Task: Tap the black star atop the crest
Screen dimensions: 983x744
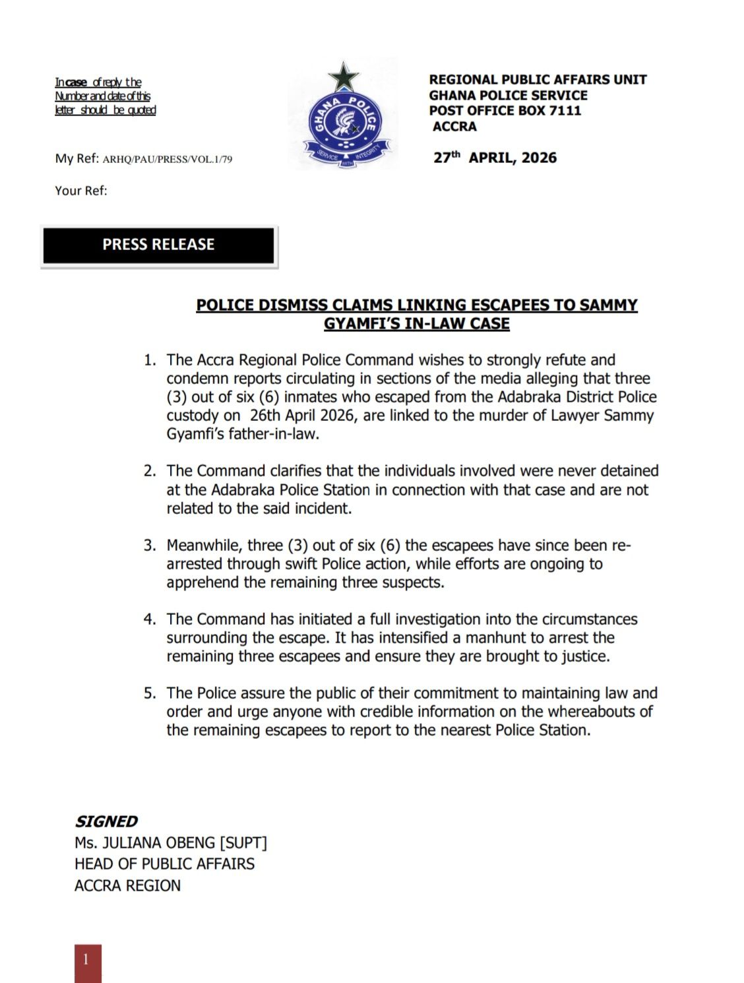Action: click(x=344, y=77)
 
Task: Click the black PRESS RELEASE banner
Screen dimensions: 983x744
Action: click(x=158, y=245)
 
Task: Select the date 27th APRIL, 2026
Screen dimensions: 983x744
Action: click(x=495, y=158)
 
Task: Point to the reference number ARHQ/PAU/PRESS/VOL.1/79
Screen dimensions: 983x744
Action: click(x=168, y=159)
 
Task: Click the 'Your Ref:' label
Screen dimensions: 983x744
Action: click(x=81, y=191)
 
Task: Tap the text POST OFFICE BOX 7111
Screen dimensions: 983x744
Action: click(x=505, y=111)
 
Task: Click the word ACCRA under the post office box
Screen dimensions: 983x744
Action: click(x=454, y=127)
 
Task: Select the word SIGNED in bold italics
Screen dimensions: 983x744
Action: click(x=106, y=821)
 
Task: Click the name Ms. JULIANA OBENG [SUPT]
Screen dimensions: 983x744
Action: click(x=170, y=842)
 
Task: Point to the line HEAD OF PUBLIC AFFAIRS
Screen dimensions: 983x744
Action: click(x=164, y=864)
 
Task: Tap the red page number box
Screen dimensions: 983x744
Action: click(x=88, y=963)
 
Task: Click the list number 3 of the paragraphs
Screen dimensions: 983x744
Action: click(x=150, y=546)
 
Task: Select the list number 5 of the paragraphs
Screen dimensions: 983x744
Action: click(x=150, y=693)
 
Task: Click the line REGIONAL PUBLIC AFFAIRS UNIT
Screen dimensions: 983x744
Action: click(x=538, y=80)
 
